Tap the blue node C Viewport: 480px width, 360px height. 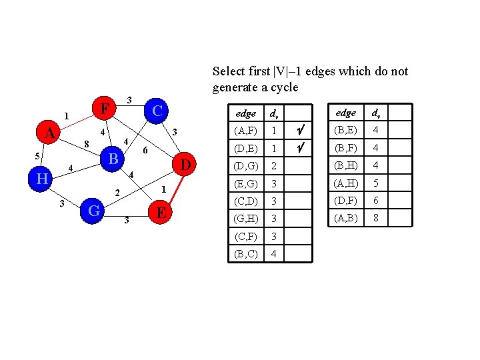157,110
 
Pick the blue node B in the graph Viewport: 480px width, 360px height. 114,159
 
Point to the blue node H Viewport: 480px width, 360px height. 42,178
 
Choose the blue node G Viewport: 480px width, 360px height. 95,211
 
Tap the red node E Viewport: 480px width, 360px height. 161,213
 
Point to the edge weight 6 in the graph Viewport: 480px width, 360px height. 146,151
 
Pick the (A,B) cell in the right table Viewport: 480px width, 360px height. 345,217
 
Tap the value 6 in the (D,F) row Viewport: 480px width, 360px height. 376,200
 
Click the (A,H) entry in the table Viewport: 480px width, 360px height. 345,183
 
